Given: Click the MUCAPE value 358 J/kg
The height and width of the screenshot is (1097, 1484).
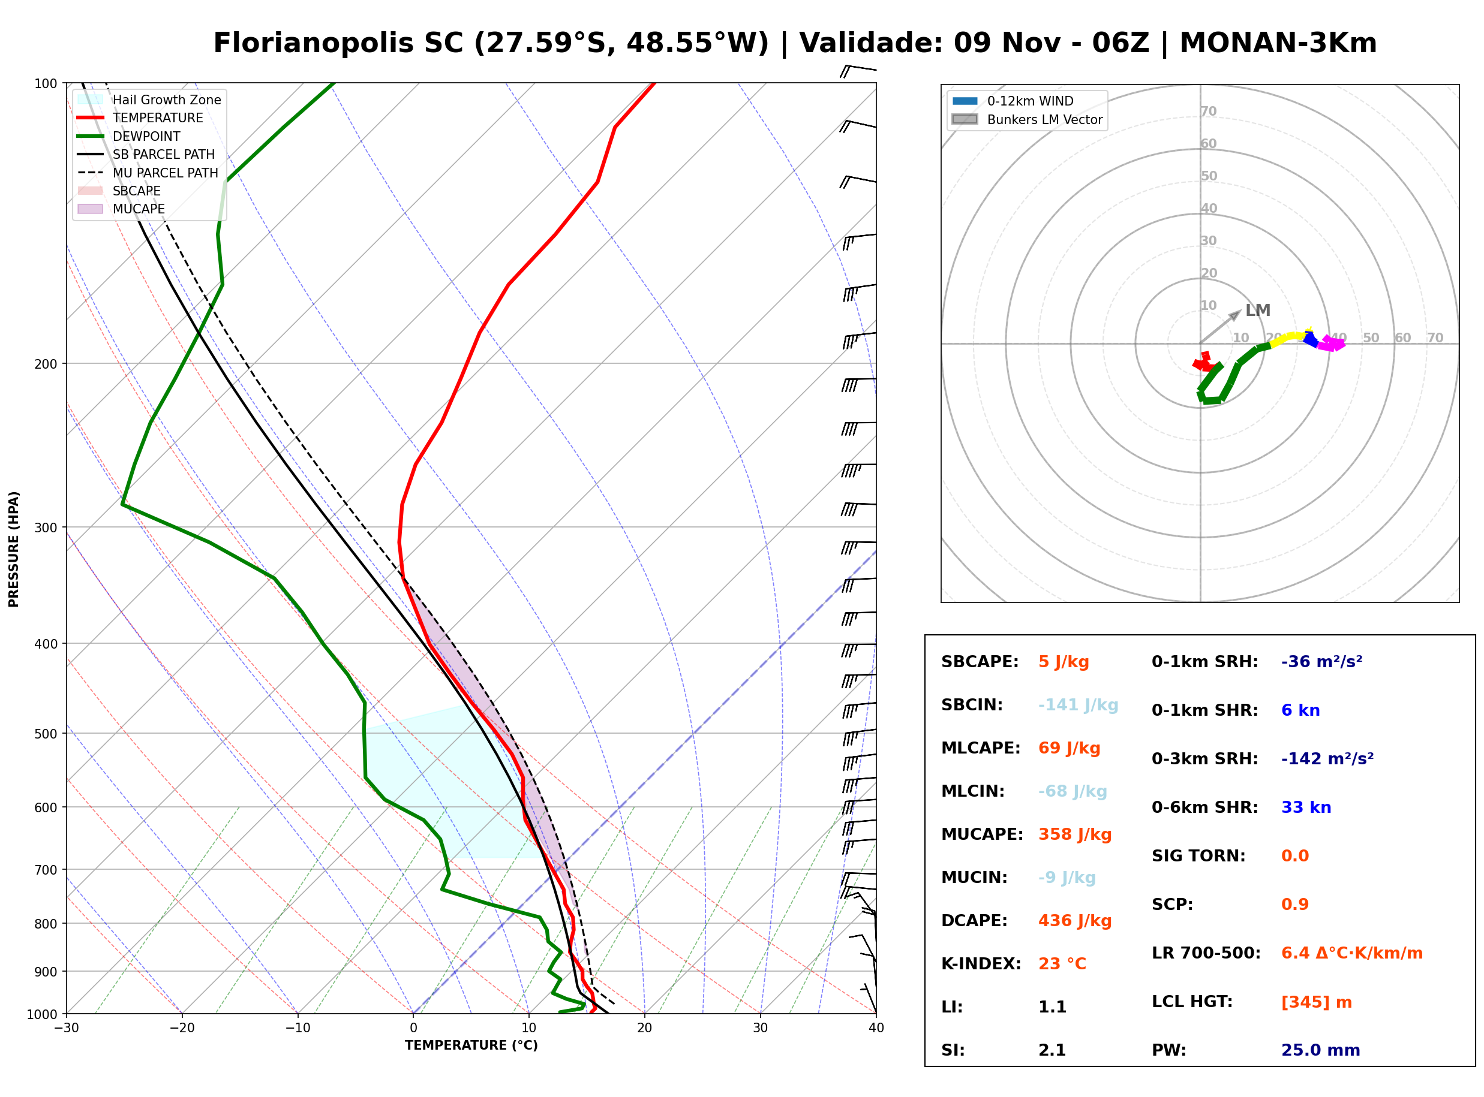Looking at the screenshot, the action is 1075,834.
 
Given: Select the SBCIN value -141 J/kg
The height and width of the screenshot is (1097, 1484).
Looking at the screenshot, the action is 1078,704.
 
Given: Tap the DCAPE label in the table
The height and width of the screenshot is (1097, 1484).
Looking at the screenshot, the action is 974,920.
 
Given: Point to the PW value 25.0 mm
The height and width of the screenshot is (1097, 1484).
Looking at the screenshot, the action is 1321,1050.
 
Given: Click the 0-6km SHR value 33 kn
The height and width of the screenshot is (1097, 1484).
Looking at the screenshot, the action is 1306,807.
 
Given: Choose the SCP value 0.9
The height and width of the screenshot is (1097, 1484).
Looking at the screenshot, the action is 1294,904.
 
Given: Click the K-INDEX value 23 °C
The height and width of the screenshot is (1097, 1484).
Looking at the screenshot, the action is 1062,963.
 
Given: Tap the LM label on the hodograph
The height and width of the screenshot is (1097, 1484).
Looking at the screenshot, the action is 1257,310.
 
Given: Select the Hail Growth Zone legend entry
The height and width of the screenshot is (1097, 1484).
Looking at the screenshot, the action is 149,100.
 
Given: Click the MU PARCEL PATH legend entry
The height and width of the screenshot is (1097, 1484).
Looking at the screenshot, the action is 148,173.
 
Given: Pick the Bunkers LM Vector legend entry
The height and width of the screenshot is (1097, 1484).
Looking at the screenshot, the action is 1027,119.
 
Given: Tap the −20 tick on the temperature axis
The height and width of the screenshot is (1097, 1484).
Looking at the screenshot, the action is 182,1028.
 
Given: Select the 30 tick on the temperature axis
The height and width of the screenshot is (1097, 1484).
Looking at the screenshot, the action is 761,1028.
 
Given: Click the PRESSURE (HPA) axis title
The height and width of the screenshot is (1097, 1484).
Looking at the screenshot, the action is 14,549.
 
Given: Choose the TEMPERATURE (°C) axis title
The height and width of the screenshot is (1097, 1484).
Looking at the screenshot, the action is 471,1045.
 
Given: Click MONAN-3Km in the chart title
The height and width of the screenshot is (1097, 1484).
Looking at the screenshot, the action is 1278,43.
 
